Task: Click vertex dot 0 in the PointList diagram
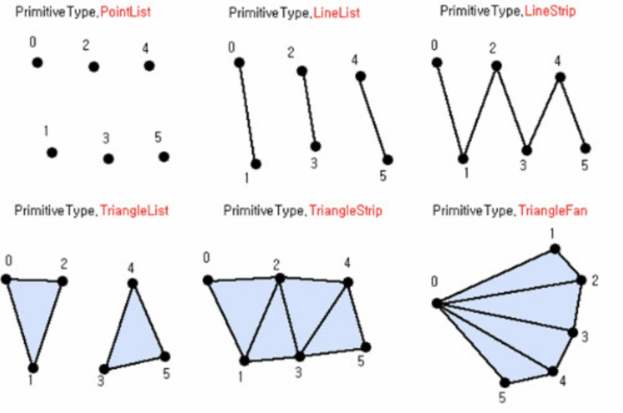pyautogui.click(x=38, y=63)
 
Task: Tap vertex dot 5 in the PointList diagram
pyautogui.click(x=164, y=157)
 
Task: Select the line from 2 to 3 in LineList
pyautogui.click(x=309, y=109)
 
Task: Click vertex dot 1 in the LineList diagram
pyautogui.click(x=255, y=164)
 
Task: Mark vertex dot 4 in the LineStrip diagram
pyautogui.click(x=560, y=77)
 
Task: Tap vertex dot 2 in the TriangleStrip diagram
pyautogui.click(x=280, y=278)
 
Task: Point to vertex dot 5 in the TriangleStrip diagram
pyautogui.click(x=366, y=347)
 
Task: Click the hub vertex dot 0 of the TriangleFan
pyautogui.click(x=437, y=303)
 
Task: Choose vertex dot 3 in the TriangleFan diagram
pyautogui.click(x=572, y=332)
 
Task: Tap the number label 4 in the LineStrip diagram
pyautogui.click(x=557, y=61)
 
